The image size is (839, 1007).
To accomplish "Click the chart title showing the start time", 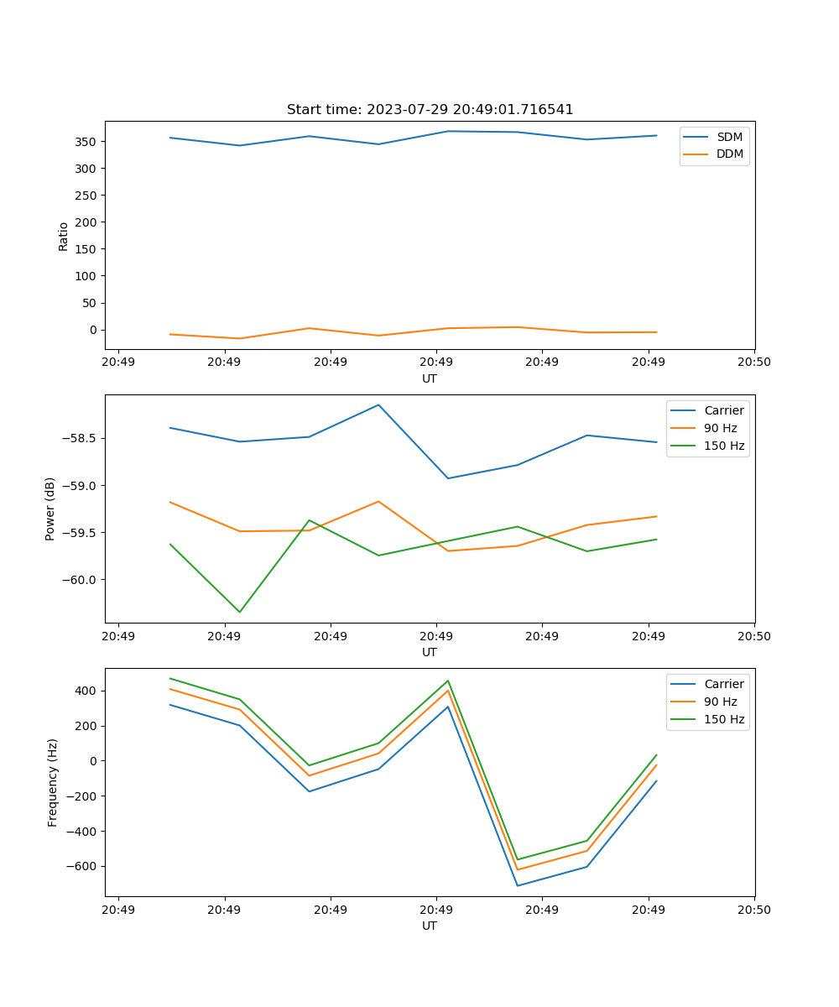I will [430, 110].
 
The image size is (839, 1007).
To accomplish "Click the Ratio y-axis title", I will [64, 236].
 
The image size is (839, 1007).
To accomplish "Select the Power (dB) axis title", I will [50, 509].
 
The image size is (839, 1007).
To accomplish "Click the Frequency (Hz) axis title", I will [53, 782].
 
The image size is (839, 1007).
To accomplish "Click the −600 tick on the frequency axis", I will [83, 867].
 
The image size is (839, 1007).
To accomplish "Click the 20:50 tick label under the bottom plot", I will [753, 909].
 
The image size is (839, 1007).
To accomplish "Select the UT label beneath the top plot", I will [430, 378].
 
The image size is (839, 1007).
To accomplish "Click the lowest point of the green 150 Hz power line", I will [240, 612].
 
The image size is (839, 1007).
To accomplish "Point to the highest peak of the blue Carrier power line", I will [378, 404].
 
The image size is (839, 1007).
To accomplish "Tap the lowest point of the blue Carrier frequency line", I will [517, 885].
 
